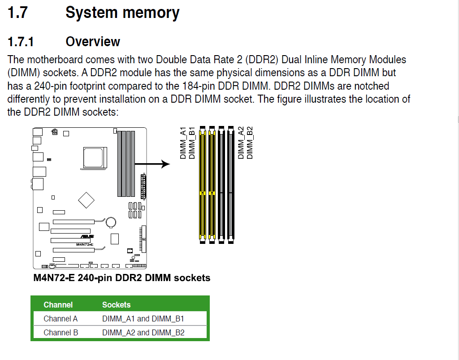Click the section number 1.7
[x=18, y=13]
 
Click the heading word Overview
[x=93, y=42]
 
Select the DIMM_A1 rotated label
[x=183, y=143]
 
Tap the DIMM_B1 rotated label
[x=192, y=143]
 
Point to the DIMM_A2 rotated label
[x=241, y=143]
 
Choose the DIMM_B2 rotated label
[x=250, y=143]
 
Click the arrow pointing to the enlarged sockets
[x=152, y=164]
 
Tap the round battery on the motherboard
[x=110, y=221]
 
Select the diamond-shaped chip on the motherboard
[x=87, y=200]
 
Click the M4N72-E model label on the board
[x=84, y=244]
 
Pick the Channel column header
[x=58, y=305]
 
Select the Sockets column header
[x=116, y=305]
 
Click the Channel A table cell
[x=61, y=319]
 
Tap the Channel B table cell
[x=61, y=333]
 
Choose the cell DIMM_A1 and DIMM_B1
[x=143, y=319]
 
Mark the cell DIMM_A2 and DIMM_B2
[x=143, y=333]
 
